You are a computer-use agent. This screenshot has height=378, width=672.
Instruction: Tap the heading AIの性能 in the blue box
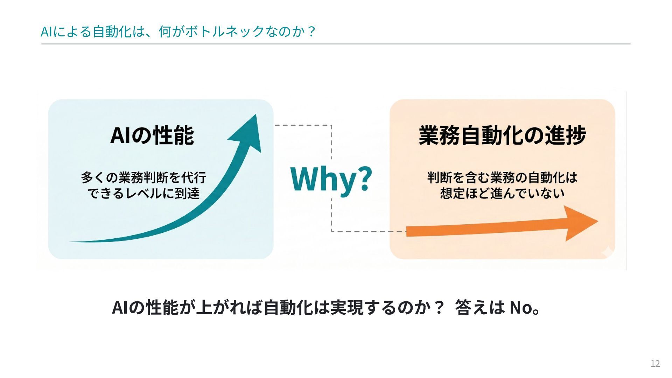pyautogui.click(x=152, y=135)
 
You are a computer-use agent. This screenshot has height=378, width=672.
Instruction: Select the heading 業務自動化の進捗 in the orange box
pyautogui.click(x=502, y=135)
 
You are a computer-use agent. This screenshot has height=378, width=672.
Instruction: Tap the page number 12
pyautogui.click(x=655, y=364)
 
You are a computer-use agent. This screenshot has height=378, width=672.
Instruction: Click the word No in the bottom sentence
pyautogui.click(x=520, y=308)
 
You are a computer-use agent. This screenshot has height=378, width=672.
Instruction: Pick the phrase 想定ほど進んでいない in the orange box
pyautogui.click(x=502, y=194)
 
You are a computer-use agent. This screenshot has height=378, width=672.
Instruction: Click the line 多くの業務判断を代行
pyautogui.click(x=143, y=178)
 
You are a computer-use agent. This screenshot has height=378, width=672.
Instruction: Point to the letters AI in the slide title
pyautogui.click(x=47, y=32)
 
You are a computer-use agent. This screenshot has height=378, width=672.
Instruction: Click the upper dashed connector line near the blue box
pyautogui.click(x=303, y=125)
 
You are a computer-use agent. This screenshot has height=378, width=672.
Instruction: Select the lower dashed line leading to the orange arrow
pyautogui.click(x=367, y=231)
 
